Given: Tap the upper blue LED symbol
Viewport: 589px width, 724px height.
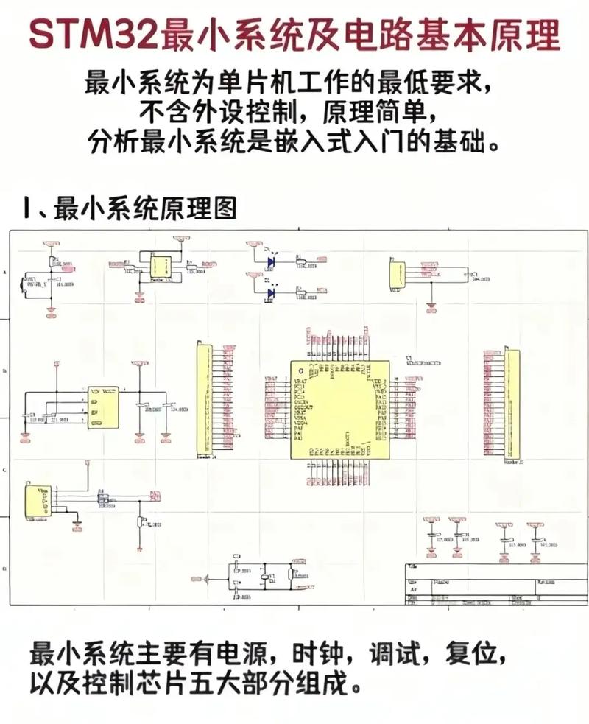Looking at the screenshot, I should click(x=271, y=261).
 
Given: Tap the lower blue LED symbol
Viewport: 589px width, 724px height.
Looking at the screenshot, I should click(x=271, y=293).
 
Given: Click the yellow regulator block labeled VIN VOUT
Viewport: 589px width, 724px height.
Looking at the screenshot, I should click(x=104, y=408).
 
